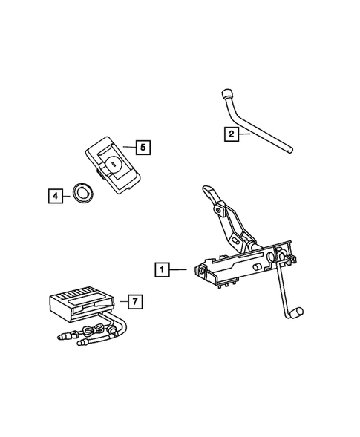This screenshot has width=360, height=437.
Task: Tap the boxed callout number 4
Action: click(54, 197)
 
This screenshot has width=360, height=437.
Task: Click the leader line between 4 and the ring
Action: click(66, 197)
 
